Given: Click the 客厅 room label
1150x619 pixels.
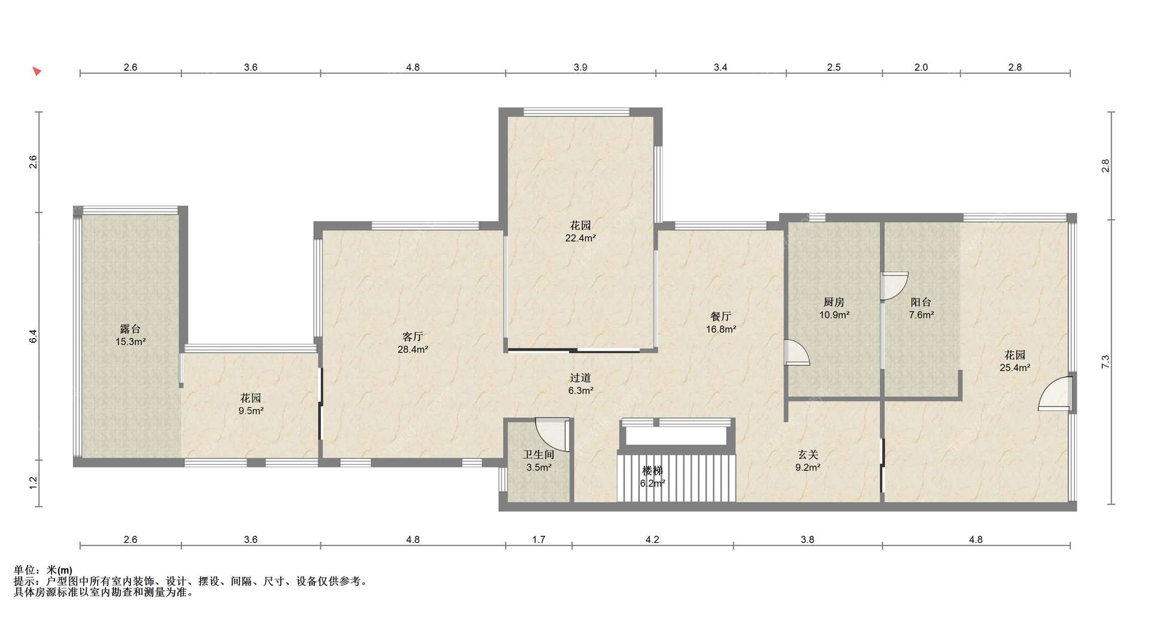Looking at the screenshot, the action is coord(413,337).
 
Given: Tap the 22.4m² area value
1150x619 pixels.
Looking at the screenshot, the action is coord(580,238).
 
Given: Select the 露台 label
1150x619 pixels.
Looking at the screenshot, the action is coord(131,329).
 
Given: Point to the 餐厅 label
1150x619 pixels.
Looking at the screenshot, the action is coord(721,316).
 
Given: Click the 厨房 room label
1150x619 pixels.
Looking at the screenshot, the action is coord(834,302).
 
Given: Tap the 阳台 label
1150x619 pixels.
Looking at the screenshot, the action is coord(921,302).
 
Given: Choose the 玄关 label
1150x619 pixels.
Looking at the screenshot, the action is coord(807,455).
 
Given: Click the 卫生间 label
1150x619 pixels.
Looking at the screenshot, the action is coord(538,455).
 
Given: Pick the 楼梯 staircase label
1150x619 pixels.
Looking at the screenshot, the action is coord(652,470).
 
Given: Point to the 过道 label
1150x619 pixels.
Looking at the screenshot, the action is coord(580,378).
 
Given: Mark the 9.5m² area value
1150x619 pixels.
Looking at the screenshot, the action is coord(251,411).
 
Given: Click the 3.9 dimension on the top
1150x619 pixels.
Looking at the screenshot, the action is coord(580,67).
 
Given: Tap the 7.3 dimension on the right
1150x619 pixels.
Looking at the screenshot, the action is coord(1106,362).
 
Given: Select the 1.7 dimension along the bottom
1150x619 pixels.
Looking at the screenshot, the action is coord(538,539).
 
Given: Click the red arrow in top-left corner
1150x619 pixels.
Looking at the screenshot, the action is coord(37,71).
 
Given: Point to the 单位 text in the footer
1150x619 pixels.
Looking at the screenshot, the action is coord(23,570).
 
